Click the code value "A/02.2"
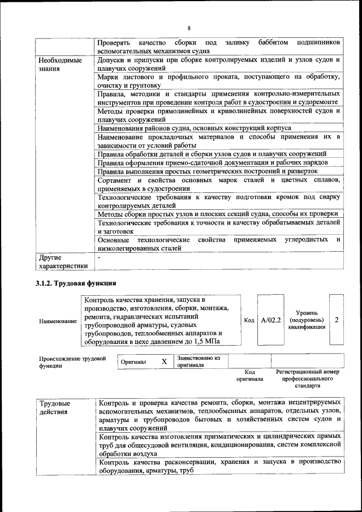point(270,320)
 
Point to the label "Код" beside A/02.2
point(248,320)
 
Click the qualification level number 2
point(337,320)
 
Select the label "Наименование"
point(58,321)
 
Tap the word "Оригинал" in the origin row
point(134,361)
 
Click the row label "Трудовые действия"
point(55,408)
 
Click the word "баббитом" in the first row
point(274,43)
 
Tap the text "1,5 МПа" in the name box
point(206,342)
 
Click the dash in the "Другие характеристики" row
point(100,257)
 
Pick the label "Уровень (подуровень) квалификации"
point(307,320)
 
